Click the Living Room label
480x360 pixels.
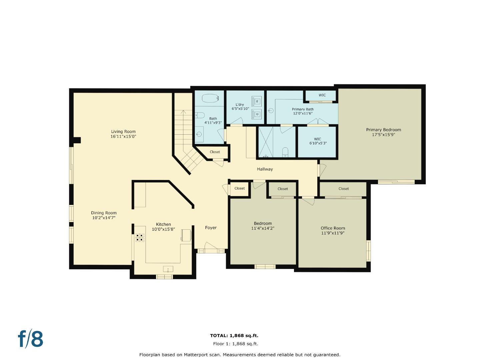123,131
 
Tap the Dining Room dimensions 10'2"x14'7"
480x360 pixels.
104,218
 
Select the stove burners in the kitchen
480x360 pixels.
140,237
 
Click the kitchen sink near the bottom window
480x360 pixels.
168,269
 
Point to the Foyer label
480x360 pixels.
211,228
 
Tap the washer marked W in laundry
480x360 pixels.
257,101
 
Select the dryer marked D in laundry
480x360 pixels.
257,114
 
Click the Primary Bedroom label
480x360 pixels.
383,130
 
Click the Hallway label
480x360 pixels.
265,169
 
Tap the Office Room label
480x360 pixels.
333,228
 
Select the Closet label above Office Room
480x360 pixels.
343,189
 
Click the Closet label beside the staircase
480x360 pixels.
215,152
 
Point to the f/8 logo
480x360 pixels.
31,339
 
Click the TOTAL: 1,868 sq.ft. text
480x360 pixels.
234,336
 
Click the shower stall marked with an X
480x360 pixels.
266,142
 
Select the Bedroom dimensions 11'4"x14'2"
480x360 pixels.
263,228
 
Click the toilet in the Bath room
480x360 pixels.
200,115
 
